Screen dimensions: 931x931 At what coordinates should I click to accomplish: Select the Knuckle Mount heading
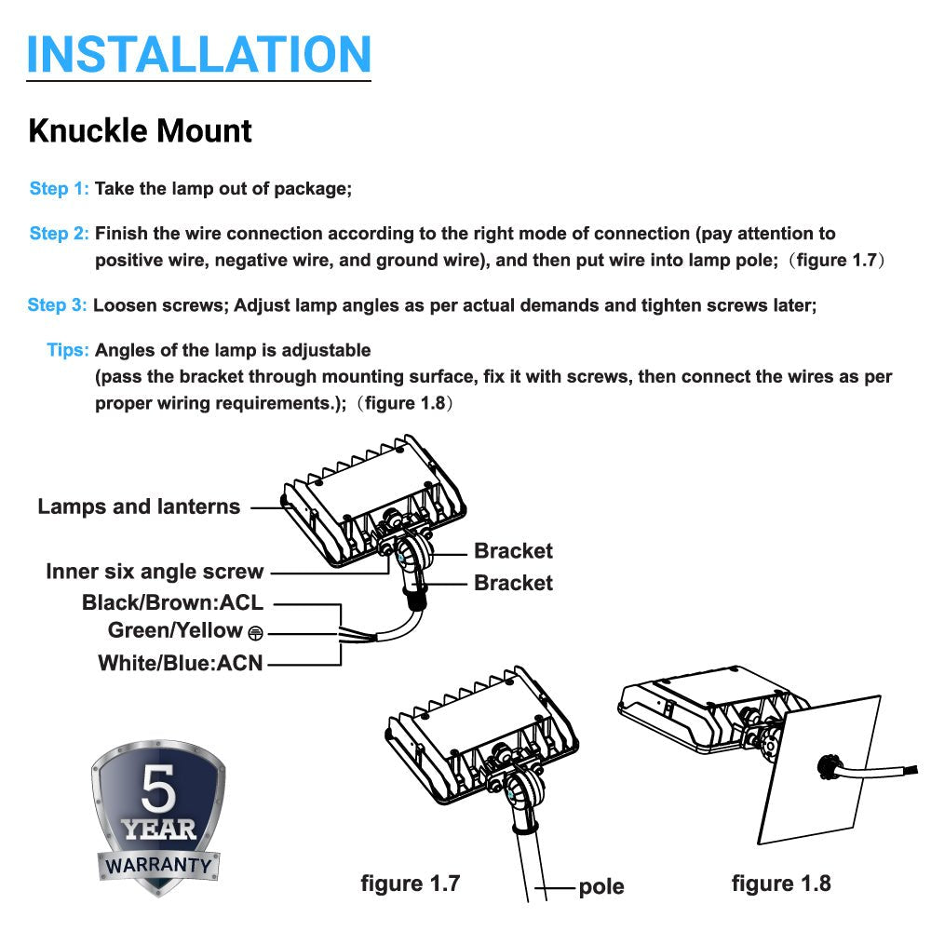pos(140,131)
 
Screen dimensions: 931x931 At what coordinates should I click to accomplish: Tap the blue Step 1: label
pos(60,189)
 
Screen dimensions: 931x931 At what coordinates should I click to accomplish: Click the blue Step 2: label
pos(60,234)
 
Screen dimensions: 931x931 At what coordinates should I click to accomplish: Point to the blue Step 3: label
pos(58,305)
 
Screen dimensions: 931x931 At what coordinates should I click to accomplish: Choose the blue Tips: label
pos(68,351)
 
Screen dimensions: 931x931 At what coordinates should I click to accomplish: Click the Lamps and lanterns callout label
pos(139,507)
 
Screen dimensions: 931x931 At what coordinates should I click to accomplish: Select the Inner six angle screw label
pos(155,572)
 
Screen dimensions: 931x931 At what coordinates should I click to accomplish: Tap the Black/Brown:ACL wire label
pos(172,602)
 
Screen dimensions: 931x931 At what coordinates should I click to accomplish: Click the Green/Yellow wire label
pos(175,631)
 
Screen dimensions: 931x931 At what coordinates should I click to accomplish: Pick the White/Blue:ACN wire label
pos(181,664)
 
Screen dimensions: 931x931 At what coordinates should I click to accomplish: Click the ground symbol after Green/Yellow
pos(255,633)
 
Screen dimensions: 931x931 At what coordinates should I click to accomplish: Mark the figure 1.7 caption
pos(410,884)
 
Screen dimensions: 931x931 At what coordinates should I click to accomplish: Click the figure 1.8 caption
pos(780,884)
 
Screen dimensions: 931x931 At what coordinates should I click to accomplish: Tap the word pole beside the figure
pos(600,886)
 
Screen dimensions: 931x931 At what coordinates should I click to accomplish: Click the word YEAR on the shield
pos(158,829)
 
